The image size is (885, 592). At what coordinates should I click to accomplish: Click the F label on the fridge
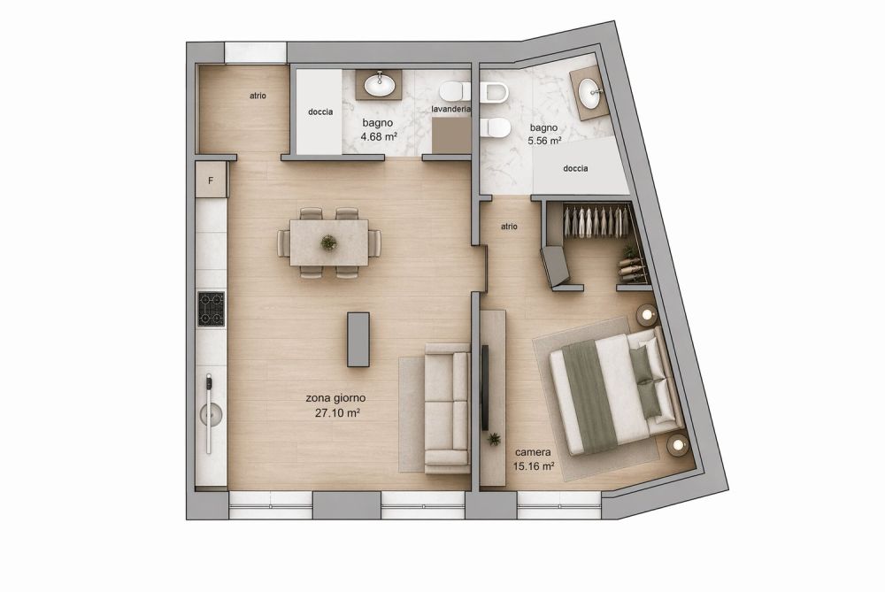click(x=211, y=181)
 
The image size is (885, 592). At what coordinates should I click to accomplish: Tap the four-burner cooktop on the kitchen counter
click(x=211, y=309)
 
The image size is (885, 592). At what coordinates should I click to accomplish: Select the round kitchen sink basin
click(x=211, y=413)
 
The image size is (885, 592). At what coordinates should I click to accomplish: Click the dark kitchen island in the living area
click(x=358, y=339)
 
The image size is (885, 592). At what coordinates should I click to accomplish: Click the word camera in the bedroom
click(x=533, y=451)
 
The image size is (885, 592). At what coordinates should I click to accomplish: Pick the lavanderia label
click(x=450, y=109)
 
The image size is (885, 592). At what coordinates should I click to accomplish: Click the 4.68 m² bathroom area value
click(x=379, y=137)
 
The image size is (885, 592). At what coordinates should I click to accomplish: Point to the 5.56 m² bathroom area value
click(x=544, y=141)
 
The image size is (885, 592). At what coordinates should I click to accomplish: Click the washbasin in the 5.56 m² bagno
click(x=590, y=88)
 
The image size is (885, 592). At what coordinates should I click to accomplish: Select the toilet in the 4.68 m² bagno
click(x=454, y=90)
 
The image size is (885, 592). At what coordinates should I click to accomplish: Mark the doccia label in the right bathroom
click(x=575, y=169)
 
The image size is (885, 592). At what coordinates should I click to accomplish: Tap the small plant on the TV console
click(x=493, y=437)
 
